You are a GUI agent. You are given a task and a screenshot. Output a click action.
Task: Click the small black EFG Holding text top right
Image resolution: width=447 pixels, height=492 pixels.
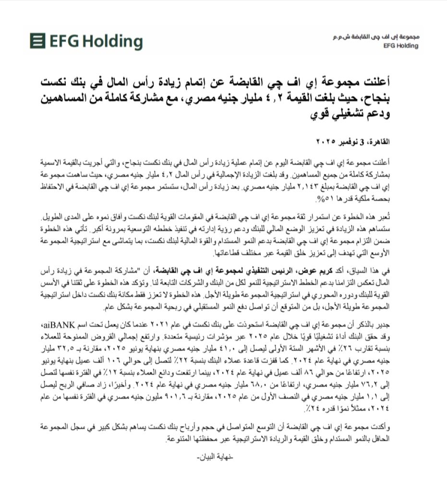(x=401, y=46)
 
